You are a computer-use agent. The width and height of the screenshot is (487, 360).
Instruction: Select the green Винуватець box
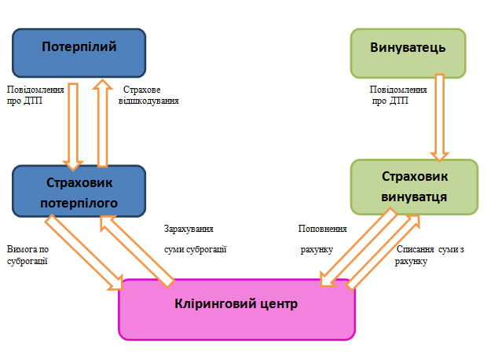pyautogui.click(x=408, y=53)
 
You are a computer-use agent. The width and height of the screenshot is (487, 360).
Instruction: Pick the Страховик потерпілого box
pyautogui.click(x=79, y=192)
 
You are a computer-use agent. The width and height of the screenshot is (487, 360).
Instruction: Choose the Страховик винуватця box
pyautogui.click(x=414, y=187)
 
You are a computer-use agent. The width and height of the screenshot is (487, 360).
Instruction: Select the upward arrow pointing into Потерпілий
pyautogui.click(x=102, y=122)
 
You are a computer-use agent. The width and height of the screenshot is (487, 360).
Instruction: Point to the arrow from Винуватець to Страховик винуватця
pyautogui.click(x=440, y=116)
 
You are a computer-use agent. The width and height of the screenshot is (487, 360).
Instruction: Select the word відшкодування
pyautogui.click(x=149, y=101)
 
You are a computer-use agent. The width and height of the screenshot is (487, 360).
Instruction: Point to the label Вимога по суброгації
pyautogui.click(x=28, y=255)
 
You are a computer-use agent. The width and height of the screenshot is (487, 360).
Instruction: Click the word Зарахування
pyautogui.click(x=189, y=229)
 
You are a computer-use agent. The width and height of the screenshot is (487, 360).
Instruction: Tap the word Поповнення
pyautogui.click(x=322, y=229)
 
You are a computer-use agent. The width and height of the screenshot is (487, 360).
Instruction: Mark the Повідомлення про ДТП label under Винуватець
pyautogui.click(x=398, y=95)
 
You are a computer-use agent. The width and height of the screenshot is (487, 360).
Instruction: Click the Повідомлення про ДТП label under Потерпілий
pyautogui.click(x=35, y=95)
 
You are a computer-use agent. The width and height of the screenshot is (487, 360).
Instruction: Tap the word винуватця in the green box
pyautogui.click(x=414, y=197)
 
